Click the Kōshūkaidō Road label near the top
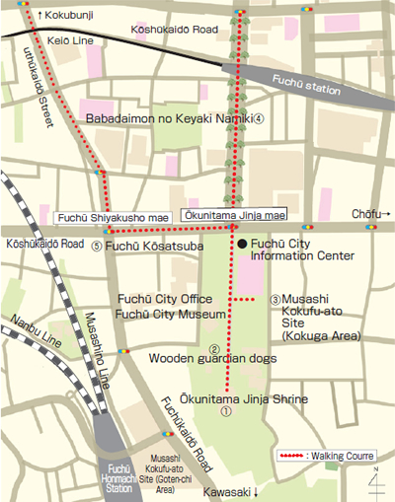(x=172, y=31)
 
